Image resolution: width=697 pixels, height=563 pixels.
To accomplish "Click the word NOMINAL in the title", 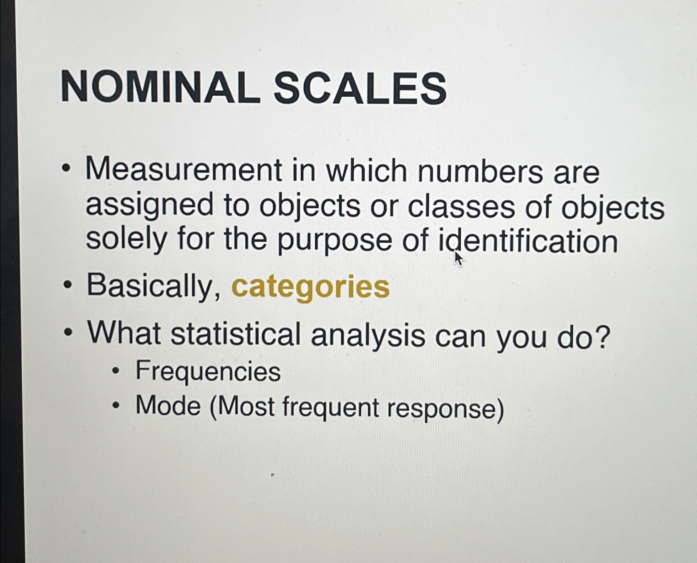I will pyautogui.click(x=161, y=87).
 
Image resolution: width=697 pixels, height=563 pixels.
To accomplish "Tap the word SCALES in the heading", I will pyautogui.click(x=360, y=88).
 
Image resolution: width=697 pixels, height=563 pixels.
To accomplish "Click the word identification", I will pyautogui.click(x=528, y=241).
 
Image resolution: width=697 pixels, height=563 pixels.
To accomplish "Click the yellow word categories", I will pyautogui.click(x=310, y=287).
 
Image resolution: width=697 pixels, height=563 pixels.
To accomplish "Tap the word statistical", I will pyautogui.click(x=236, y=334).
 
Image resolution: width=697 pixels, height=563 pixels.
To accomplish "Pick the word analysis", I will pyautogui.click(x=367, y=335).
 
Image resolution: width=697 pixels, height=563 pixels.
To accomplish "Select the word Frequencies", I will pyautogui.click(x=208, y=371).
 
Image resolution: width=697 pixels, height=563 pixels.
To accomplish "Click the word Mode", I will pyautogui.click(x=168, y=405).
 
